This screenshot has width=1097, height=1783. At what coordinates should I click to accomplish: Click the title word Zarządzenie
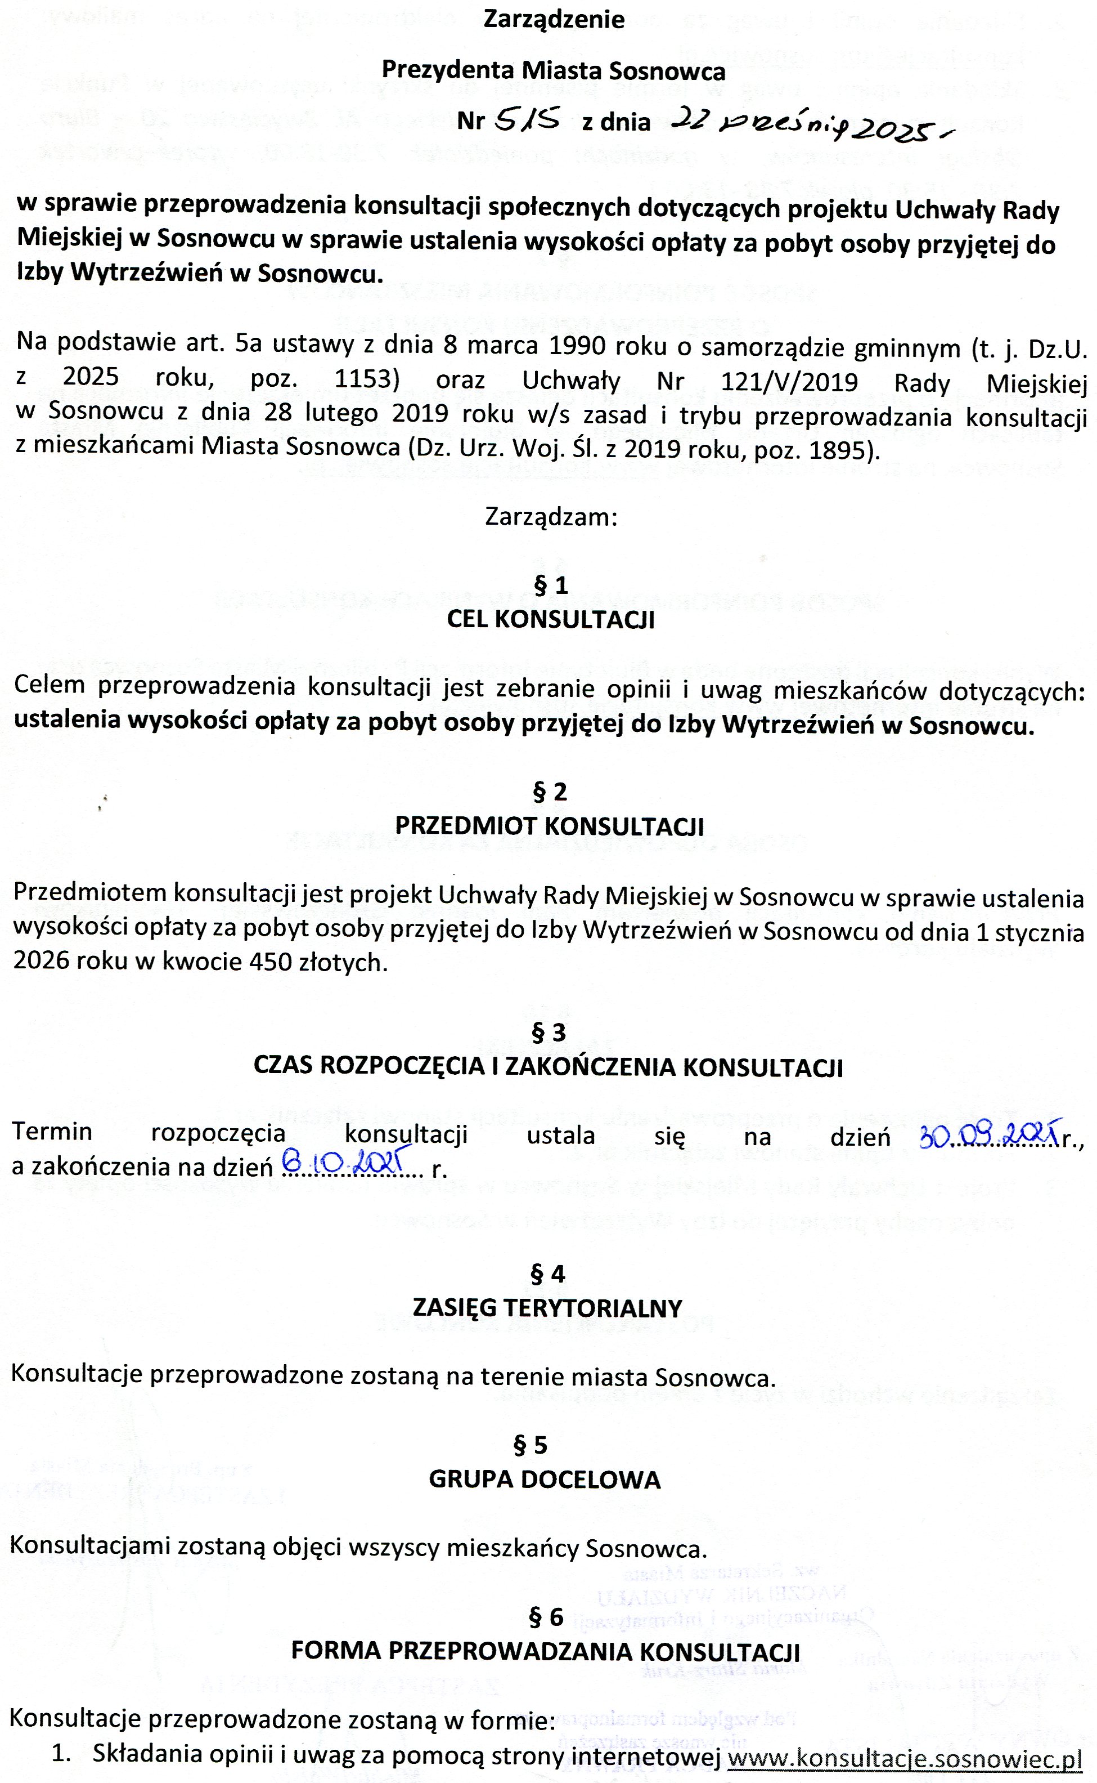coord(554,20)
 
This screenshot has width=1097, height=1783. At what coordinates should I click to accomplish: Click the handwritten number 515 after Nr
coord(528,120)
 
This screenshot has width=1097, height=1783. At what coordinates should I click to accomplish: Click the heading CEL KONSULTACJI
coord(550,620)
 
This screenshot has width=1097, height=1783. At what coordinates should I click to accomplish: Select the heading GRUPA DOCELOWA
coord(544,1480)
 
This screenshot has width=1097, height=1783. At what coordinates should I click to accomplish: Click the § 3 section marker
coord(548,1033)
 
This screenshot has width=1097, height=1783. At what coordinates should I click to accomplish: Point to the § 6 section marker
coord(546,1617)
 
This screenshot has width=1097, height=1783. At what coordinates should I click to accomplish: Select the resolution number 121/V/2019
coord(789,382)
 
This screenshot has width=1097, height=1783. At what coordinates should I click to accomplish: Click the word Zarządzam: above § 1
coord(551,517)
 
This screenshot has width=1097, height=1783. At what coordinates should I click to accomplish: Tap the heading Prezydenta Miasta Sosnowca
coord(554,70)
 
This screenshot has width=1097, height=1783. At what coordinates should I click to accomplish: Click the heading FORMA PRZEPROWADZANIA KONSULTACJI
coord(545,1652)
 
